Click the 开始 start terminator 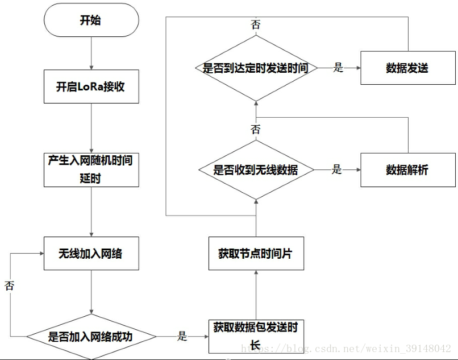click(91, 20)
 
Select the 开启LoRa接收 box click(91, 86)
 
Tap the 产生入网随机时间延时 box click(91, 170)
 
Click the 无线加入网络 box click(91, 253)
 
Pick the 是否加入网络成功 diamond click(91, 337)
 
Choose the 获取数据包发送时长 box click(256, 337)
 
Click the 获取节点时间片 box click(256, 253)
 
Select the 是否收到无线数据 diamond click(256, 169)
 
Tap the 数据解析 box click(408, 170)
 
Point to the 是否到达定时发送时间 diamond click(256, 68)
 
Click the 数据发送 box click(408, 68)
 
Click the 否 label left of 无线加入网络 click(9, 285)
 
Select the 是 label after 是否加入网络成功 click(182, 336)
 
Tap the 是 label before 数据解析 click(336, 169)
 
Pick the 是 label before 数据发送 click(338, 68)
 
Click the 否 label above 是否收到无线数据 click(256, 129)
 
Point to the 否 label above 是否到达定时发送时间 click(256, 24)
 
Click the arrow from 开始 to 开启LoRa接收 click(91, 53)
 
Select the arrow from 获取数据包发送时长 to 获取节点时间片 click(256, 295)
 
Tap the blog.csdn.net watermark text click(346, 348)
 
